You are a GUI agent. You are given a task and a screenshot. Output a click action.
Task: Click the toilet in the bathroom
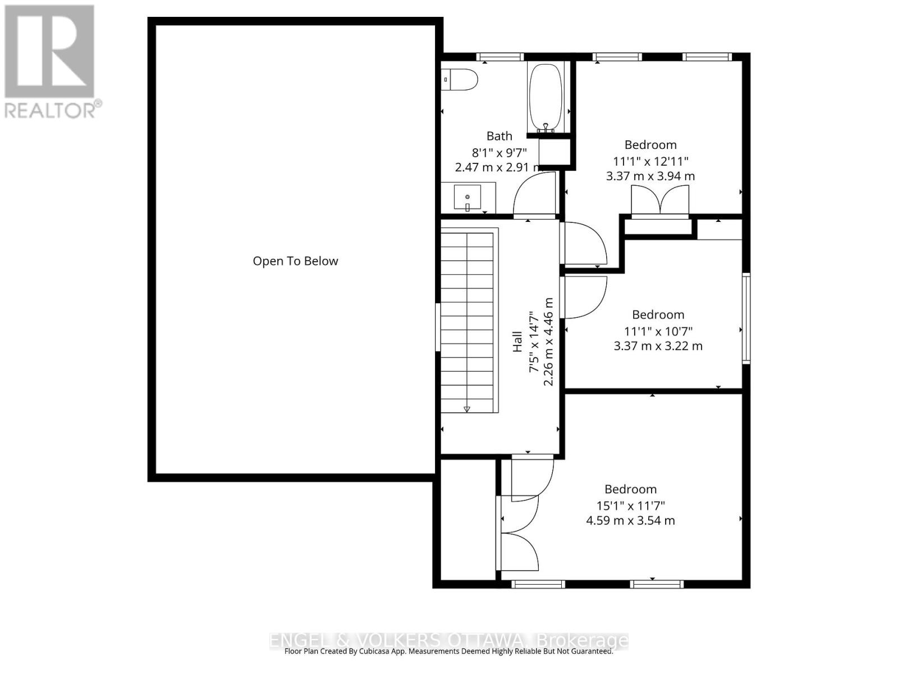pos(460,79)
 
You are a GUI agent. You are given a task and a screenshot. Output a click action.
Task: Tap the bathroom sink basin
pos(467,197)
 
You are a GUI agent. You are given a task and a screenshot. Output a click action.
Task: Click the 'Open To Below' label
pos(295,261)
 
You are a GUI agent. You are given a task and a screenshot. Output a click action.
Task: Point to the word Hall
pos(517,341)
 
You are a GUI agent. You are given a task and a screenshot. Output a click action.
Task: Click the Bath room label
pos(499,136)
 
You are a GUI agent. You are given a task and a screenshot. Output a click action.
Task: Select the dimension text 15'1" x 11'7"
pos(630,505)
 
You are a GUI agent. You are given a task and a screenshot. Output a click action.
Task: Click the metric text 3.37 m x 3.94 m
pos(650,176)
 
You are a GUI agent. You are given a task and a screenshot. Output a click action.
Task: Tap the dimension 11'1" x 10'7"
pos(658,331)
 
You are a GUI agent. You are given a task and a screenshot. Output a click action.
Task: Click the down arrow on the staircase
pos(467,409)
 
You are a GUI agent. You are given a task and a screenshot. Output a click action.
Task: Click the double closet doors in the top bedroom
pos(661,201)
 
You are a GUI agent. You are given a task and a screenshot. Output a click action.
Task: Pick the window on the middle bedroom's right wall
pos(745,318)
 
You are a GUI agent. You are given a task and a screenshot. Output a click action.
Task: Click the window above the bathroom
pos(500,57)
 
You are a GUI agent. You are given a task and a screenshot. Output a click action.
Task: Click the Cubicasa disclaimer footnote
pos(448,652)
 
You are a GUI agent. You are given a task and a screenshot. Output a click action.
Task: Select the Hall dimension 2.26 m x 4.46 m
pos(548,341)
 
